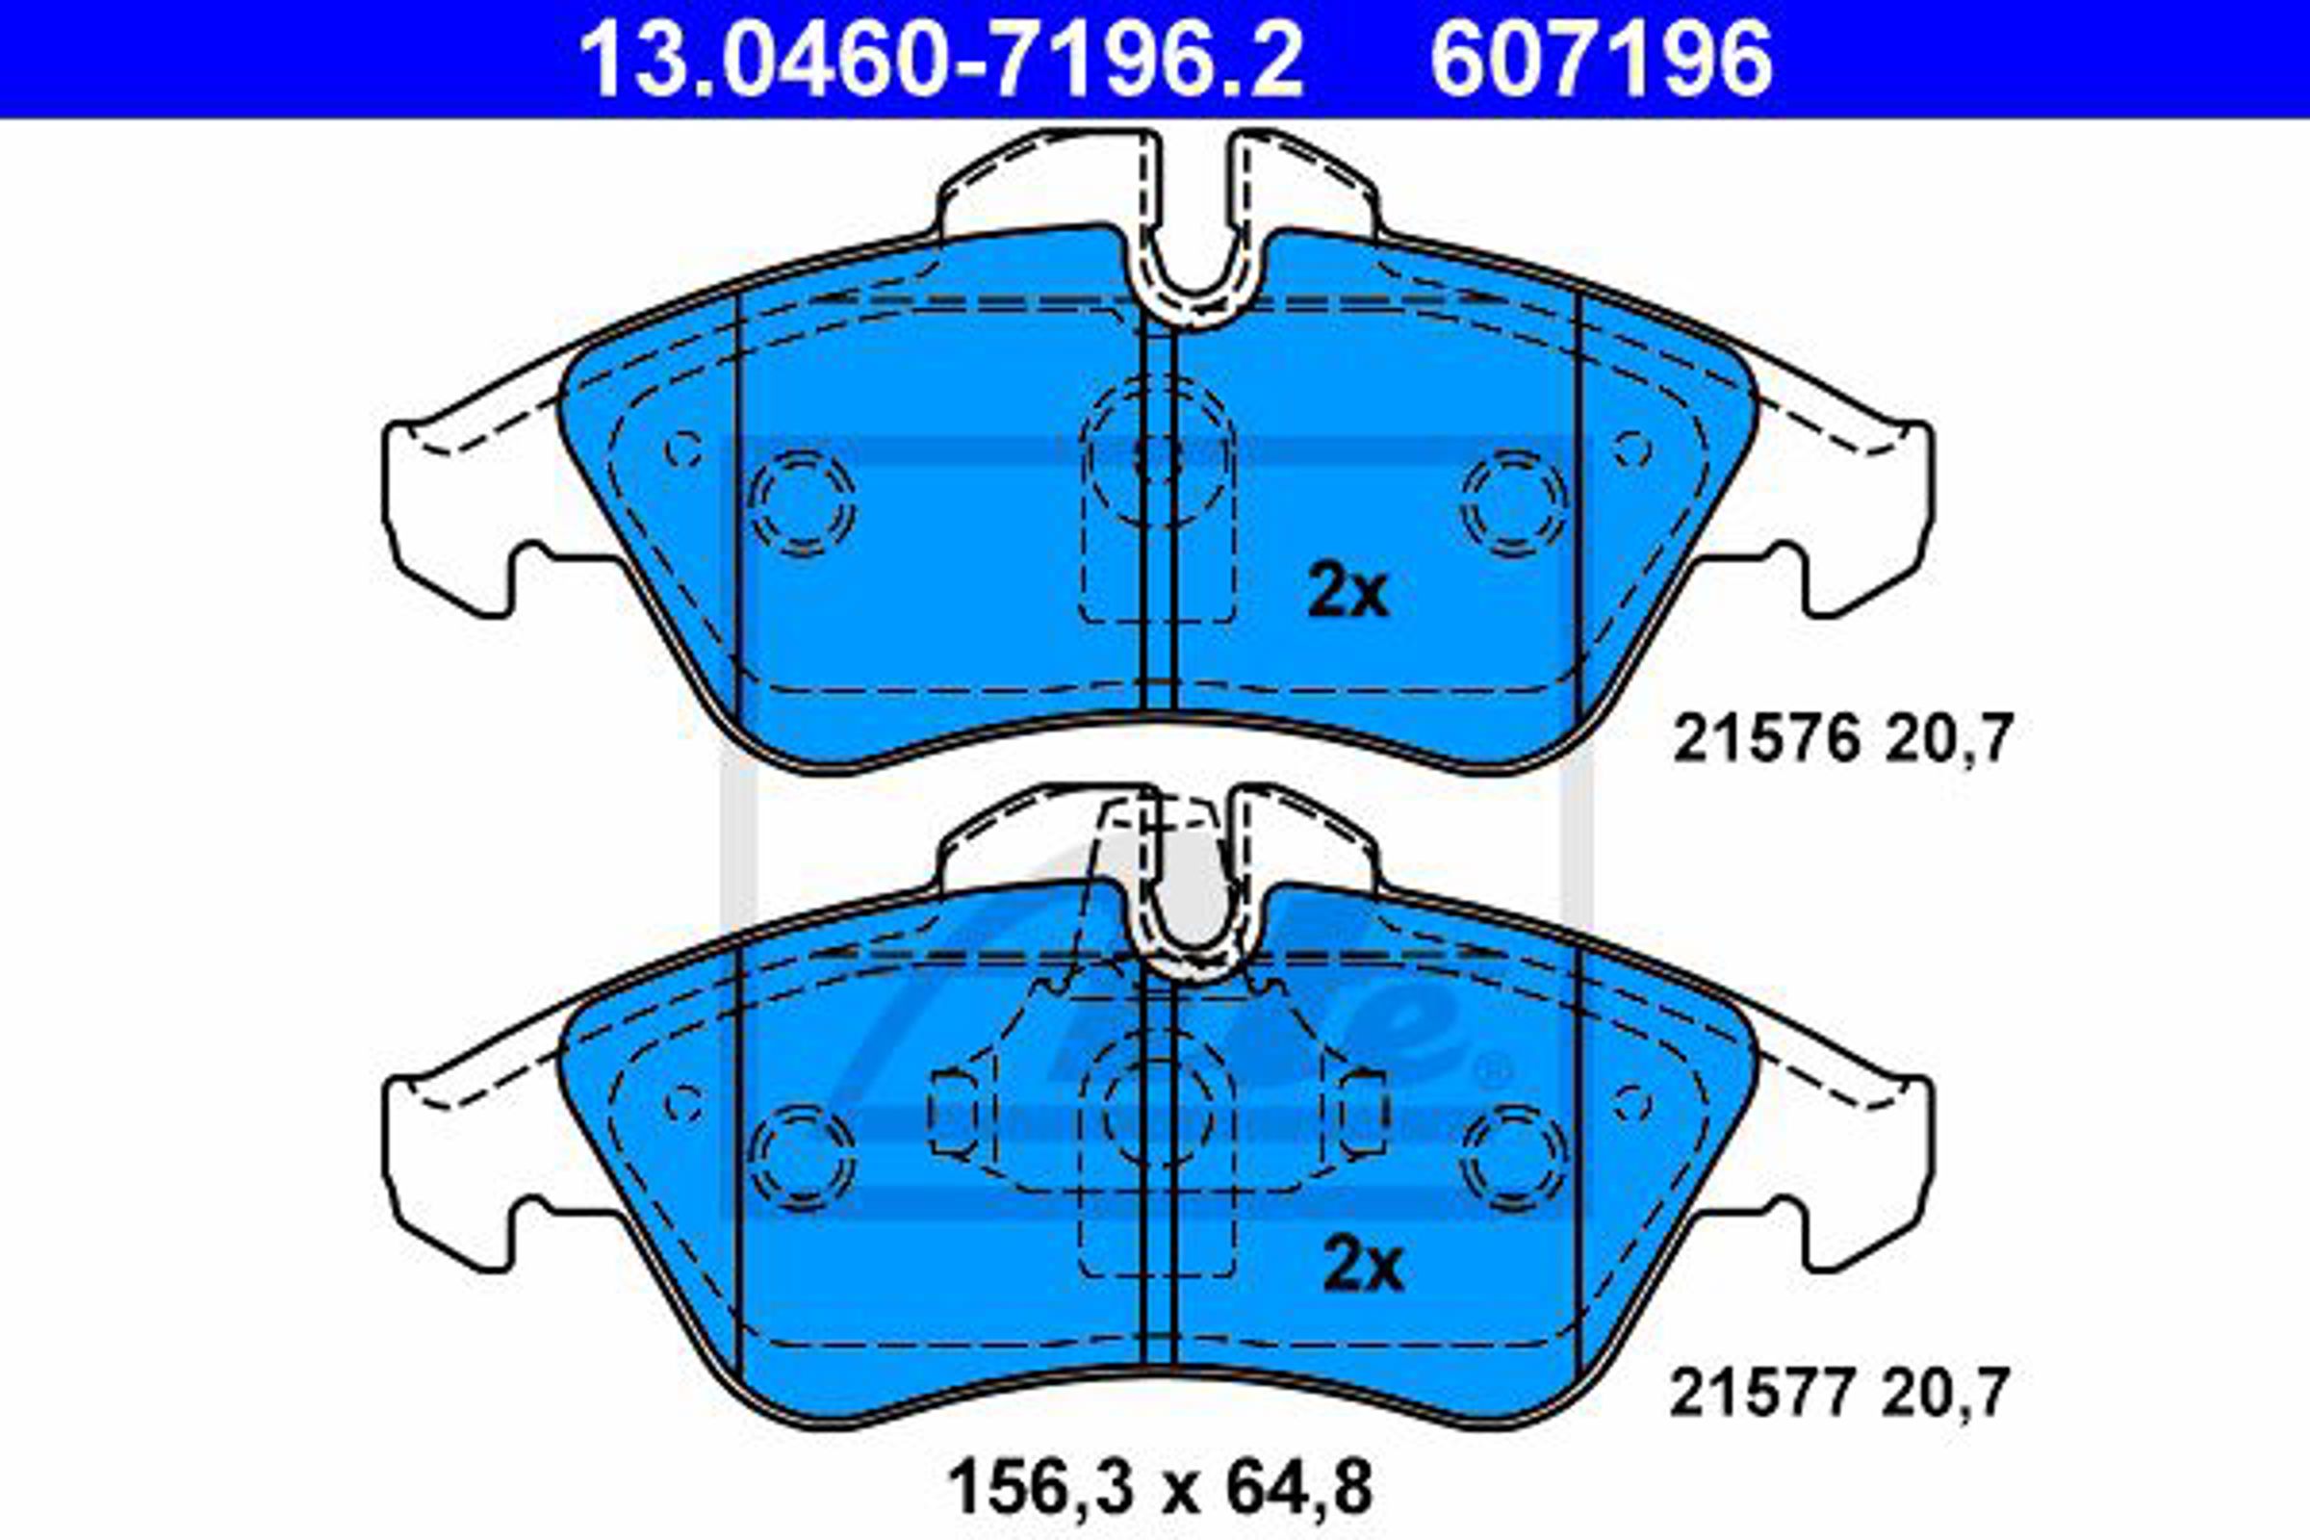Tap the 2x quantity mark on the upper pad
click(1347, 593)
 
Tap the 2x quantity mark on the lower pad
click(1363, 1267)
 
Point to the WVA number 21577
click(1763, 1394)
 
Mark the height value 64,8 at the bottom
click(1297, 1489)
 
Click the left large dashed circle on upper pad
click(802, 502)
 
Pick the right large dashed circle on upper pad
click(1514, 502)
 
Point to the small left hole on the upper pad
click(683, 449)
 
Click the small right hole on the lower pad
click(1632, 1104)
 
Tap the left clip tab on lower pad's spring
click(953, 1112)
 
